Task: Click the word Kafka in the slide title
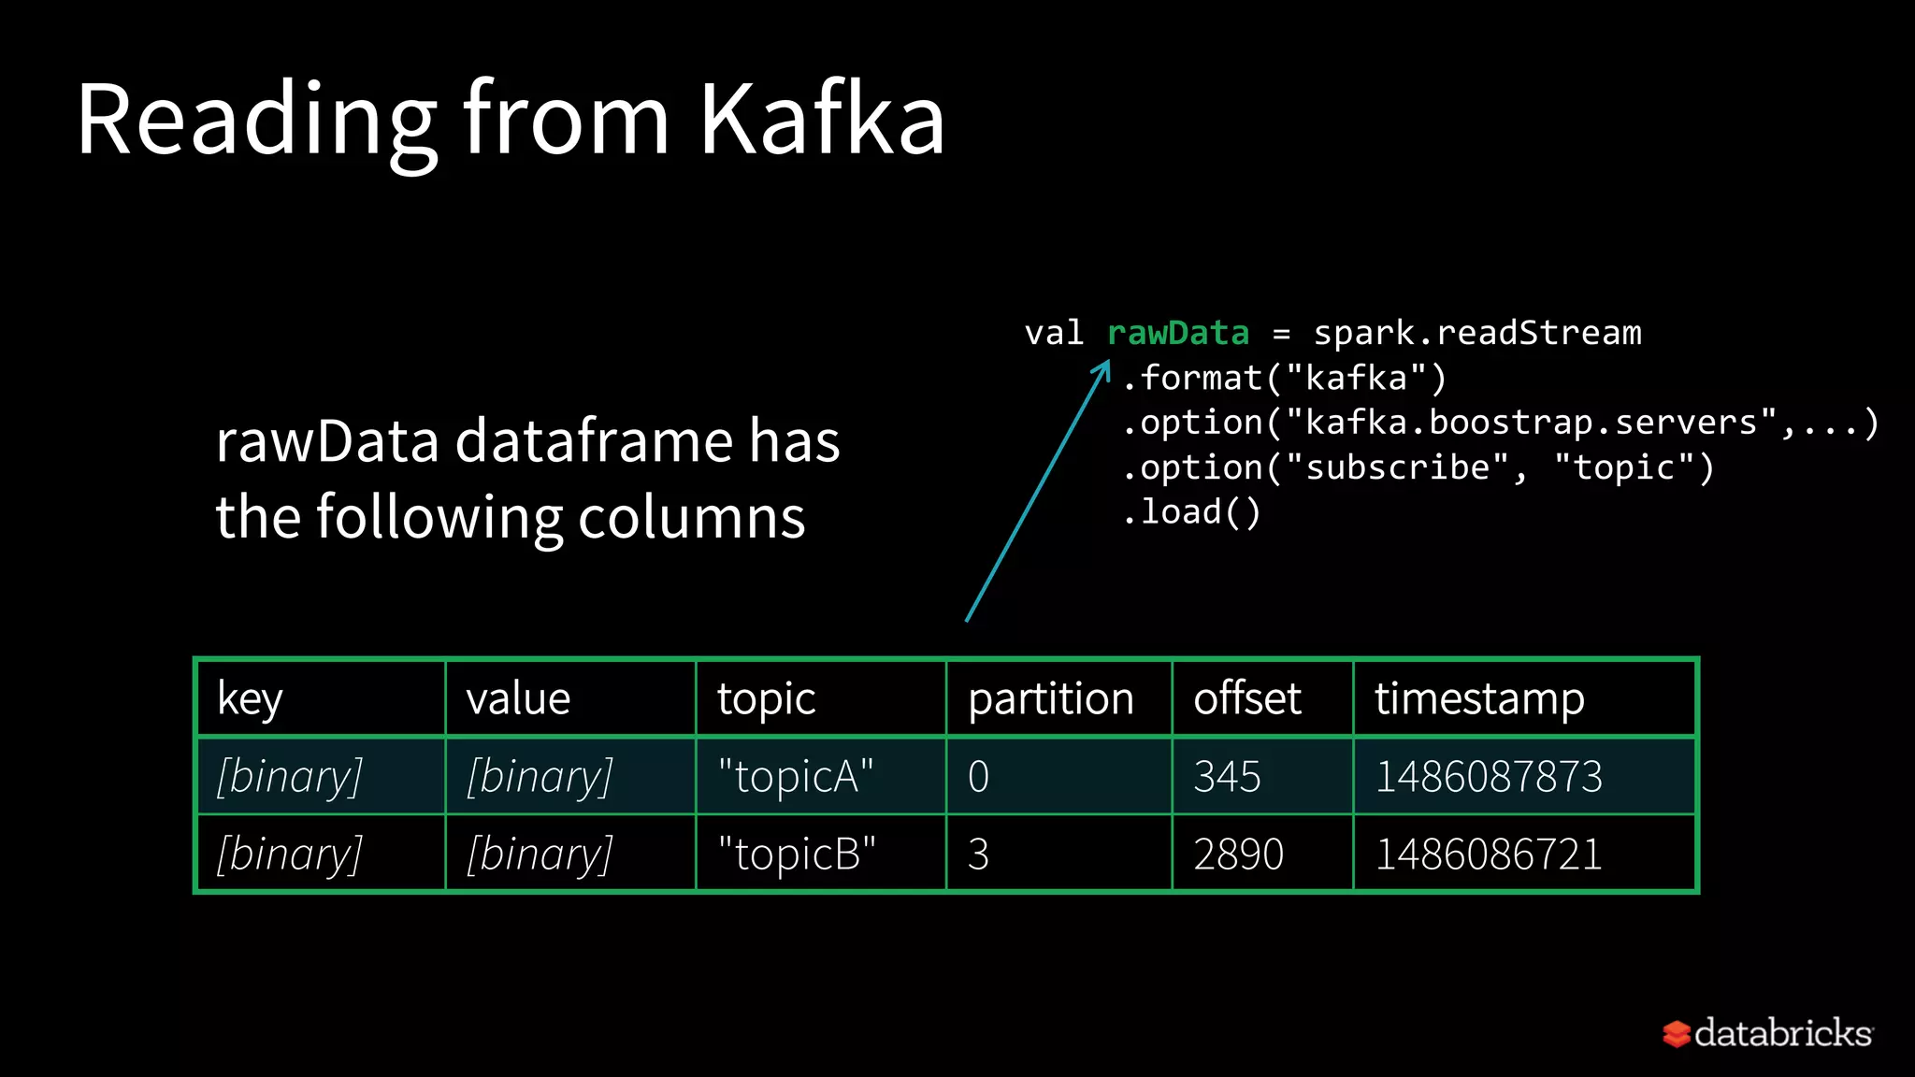pos(822,120)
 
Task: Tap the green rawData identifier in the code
pos(1177,333)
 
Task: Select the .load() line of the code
pos(1191,512)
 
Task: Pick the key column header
pos(250,699)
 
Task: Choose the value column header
pos(518,699)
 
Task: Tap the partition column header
pos(1050,699)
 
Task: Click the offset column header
pos(1246,699)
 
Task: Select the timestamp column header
pos(1479,699)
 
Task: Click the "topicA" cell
pos(796,777)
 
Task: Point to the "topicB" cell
pos(797,854)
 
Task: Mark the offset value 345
pos(1227,777)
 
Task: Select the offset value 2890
pos(1238,854)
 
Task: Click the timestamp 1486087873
pos(1489,777)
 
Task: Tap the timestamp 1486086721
pos(1489,854)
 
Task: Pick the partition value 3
pos(978,854)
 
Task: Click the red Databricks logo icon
pos(1676,1034)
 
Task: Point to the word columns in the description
pos(691,518)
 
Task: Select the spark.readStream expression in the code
pos(1477,333)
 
